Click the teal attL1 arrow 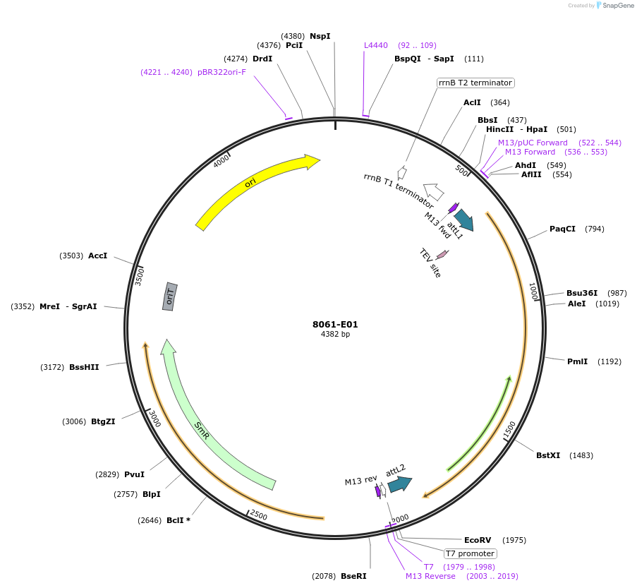[x=463, y=220]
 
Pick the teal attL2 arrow [x=399, y=484]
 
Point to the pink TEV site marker [x=442, y=254]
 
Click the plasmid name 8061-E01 [x=335, y=325]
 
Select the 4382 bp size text [x=335, y=335]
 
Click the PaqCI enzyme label [x=562, y=229]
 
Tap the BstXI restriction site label [x=548, y=455]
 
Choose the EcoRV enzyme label [x=477, y=540]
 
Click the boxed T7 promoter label [x=470, y=553]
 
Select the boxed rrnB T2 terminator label [x=475, y=83]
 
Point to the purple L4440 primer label [x=376, y=45]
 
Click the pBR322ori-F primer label [x=222, y=72]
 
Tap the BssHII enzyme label [x=84, y=367]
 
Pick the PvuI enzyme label [x=134, y=474]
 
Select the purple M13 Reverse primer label [x=430, y=576]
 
